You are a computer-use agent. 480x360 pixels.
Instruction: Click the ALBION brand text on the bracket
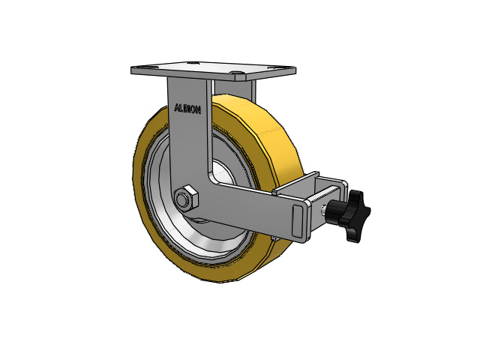coord(187,109)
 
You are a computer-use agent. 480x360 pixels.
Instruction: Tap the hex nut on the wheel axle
coord(186,199)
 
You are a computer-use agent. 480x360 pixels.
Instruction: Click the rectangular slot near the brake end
coord(298,221)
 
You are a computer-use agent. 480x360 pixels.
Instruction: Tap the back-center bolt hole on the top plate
coord(192,63)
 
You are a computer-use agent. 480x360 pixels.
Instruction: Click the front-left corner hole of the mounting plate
coord(138,67)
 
